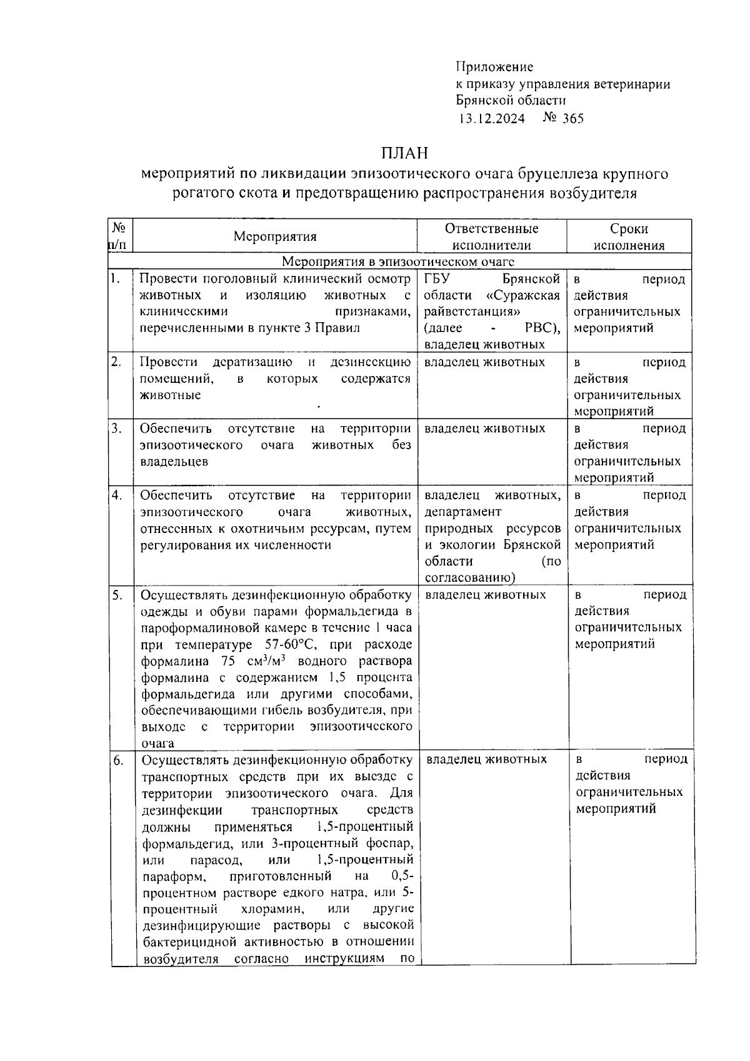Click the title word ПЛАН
coord(404,153)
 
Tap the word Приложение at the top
coord(494,67)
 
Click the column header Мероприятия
coord(275,236)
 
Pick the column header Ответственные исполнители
coord(491,236)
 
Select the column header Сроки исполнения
coord(629,236)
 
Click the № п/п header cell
coord(121,236)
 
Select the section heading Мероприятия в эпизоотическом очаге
coord(398,261)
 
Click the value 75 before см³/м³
coord(228,661)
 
